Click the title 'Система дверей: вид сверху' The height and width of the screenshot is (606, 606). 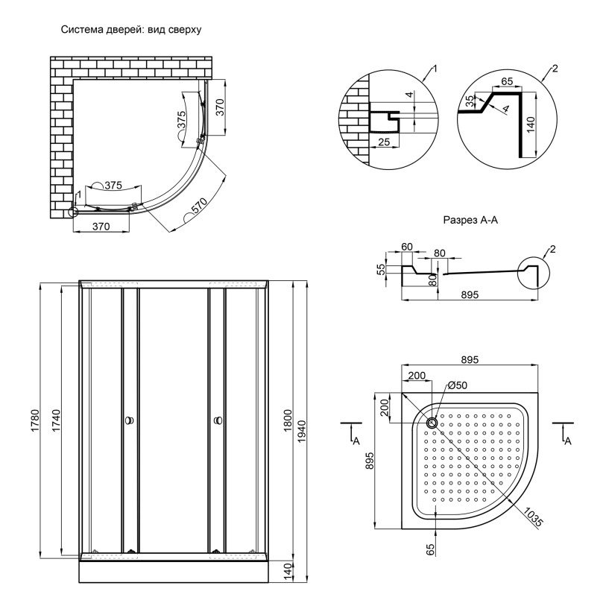[131, 30]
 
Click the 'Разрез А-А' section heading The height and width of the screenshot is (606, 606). [470, 220]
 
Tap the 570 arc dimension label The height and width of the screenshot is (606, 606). [200, 205]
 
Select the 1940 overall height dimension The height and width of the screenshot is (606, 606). [302, 432]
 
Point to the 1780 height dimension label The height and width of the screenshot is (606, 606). [35, 420]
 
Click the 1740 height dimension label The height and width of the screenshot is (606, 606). [56, 420]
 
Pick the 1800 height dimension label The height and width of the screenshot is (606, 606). [288, 420]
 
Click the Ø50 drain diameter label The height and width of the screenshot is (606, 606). [458, 385]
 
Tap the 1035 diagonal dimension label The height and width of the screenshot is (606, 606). [534, 517]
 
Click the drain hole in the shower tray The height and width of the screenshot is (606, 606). [432, 423]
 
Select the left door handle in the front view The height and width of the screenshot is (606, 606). [129, 420]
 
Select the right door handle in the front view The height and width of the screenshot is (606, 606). [218, 420]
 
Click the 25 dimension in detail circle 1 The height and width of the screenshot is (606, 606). [384, 142]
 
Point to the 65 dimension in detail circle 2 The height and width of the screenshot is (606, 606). [507, 81]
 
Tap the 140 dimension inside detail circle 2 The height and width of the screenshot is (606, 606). [530, 124]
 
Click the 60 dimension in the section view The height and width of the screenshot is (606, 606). [407, 247]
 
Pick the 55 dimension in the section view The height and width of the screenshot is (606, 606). [381, 269]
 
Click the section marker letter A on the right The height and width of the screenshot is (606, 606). [567, 441]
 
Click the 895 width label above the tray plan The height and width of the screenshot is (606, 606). [470, 360]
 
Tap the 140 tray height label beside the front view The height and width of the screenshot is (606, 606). [288, 572]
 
